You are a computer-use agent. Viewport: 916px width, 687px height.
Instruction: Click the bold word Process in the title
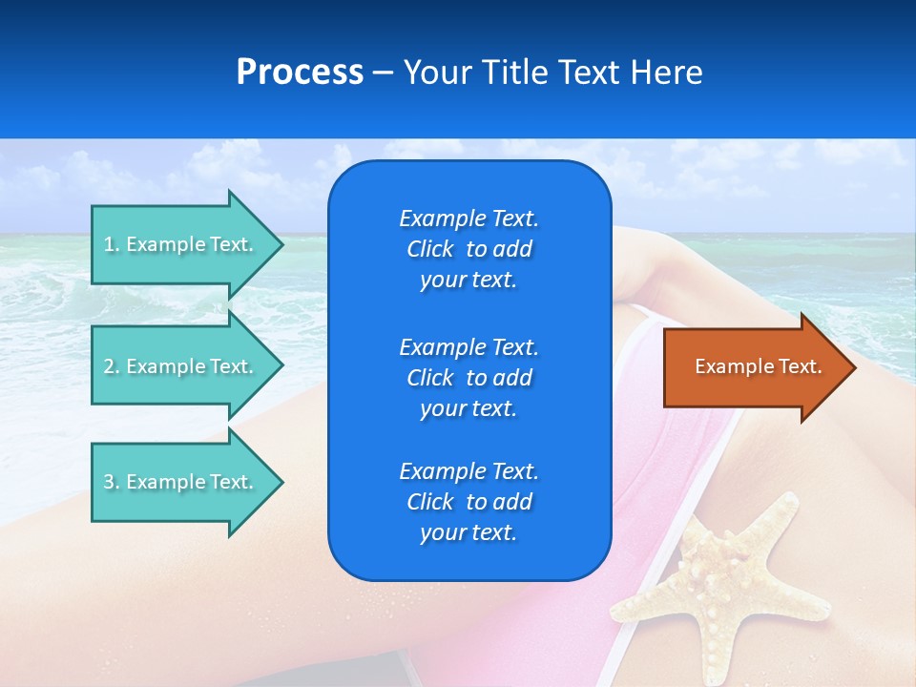tap(300, 73)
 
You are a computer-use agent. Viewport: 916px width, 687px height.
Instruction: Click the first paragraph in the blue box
tap(468, 249)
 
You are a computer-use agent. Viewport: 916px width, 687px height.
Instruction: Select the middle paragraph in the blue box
tap(468, 378)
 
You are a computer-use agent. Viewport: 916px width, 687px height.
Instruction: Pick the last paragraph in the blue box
tap(468, 502)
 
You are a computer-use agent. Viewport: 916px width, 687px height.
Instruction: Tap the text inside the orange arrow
tap(759, 366)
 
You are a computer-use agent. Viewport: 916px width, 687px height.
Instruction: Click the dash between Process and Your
tap(383, 73)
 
